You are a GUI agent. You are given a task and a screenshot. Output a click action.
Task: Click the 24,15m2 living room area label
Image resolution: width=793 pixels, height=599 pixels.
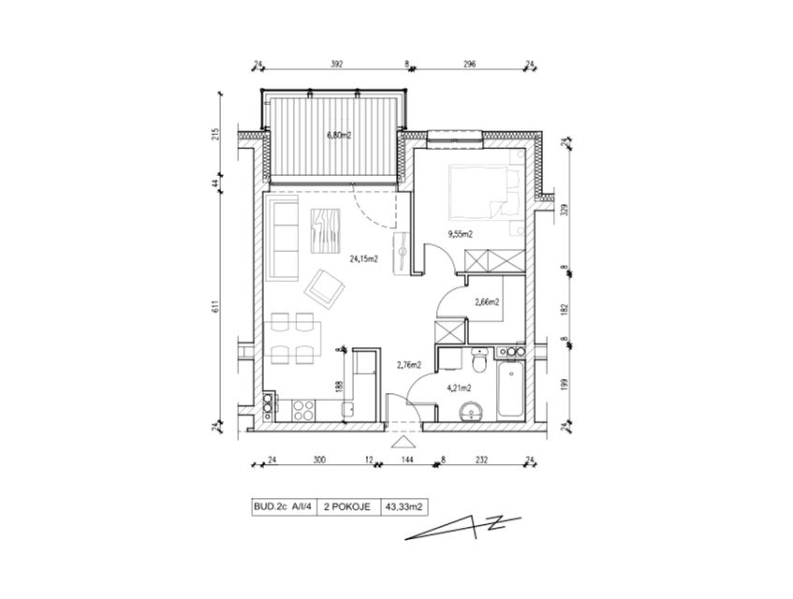(364, 259)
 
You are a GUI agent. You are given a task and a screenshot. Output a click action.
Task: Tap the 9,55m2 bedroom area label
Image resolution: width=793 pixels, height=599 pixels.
(460, 234)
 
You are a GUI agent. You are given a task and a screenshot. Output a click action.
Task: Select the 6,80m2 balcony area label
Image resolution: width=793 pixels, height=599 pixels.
(339, 135)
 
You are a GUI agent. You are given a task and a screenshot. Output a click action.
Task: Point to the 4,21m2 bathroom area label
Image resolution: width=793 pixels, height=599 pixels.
(459, 388)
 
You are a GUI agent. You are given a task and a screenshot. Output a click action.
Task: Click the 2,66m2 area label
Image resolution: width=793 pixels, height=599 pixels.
(487, 302)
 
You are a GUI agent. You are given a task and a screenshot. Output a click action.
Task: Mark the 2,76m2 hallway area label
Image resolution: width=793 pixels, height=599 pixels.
(409, 364)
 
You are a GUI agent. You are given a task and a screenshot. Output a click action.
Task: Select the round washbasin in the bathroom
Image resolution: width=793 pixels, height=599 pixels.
(471, 412)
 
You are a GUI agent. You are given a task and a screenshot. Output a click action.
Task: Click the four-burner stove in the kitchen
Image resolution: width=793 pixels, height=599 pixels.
(302, 410)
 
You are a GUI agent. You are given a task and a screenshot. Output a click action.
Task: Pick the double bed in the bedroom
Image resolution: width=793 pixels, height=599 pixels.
(484, 192)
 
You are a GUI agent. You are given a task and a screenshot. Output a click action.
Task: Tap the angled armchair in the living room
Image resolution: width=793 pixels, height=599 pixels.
(325, 290)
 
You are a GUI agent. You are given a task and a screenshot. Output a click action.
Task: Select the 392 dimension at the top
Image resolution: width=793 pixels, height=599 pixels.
(337, 65)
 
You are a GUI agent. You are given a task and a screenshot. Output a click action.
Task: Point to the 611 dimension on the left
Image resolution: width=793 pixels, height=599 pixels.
(215, 307)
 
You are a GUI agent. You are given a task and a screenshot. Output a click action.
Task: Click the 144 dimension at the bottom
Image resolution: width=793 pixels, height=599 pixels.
(407, 460)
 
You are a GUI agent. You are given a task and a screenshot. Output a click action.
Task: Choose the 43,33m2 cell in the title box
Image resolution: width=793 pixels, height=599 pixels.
(404, 507)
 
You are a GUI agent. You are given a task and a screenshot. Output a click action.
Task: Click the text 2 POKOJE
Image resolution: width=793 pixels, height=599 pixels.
(348, 507)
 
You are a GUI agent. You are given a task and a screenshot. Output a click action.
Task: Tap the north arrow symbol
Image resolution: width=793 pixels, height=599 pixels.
(463, 528)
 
